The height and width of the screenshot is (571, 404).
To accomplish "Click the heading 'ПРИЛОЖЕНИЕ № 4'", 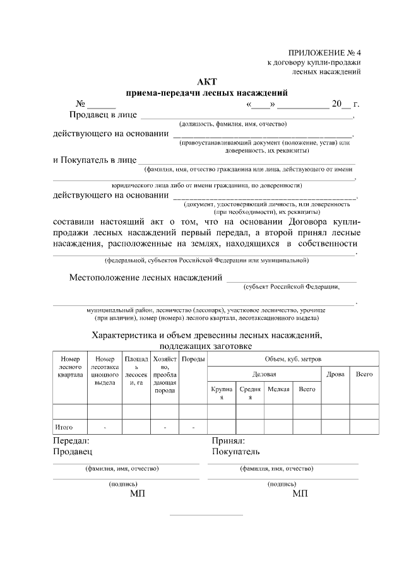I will [x=324, y=52].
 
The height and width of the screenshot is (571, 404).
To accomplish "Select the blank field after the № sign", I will [x=101, y=105].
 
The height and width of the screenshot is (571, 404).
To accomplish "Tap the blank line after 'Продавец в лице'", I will [x=246, y=116].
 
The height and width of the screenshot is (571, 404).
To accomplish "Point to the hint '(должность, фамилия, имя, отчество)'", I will [x=233, y=124].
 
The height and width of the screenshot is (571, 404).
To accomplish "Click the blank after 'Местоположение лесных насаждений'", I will [x=291, y=278].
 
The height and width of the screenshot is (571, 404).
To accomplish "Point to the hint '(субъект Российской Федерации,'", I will [x=291, y=286].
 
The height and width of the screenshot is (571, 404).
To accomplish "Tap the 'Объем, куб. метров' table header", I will [x=293, y=358].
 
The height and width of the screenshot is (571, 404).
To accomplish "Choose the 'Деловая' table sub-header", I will [x=264, y=374].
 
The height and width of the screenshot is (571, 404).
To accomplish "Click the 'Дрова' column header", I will [x=335, y=374].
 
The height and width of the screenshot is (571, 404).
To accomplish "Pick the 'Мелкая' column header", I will [x=278, y=389].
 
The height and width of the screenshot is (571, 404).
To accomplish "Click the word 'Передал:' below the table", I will [x=71, y=441].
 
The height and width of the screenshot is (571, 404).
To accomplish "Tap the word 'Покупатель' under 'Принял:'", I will [x=235, y=452].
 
